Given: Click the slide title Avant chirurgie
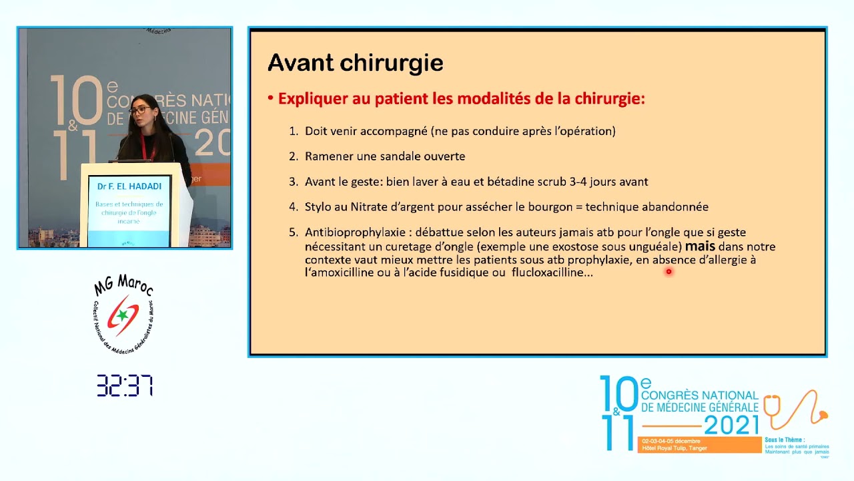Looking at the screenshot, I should click(x=355, y=63).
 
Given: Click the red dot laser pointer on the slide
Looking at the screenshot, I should click(x=669, y=271).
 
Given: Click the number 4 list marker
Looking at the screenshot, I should click(x=293, y=207).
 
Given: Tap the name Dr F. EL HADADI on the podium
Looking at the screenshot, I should click(x=129, y=186).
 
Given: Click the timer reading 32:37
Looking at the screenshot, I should click(x=125, y=385).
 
